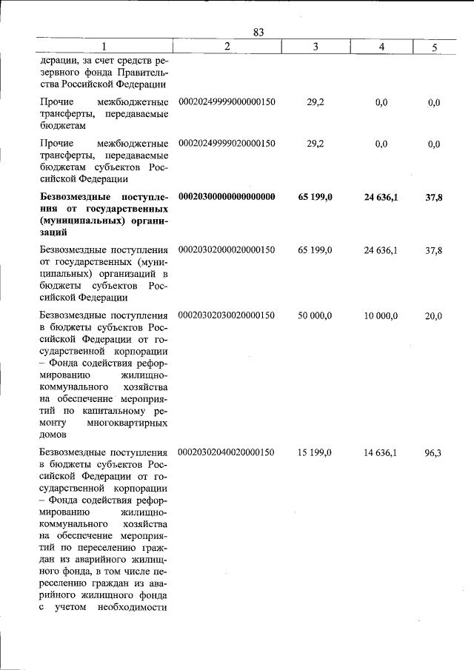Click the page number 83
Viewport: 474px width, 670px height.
click(258, 32)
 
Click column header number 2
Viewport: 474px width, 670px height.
click(227, 47)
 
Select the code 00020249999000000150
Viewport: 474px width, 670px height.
click(227, 101)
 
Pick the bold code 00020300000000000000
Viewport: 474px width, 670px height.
click(227, 197)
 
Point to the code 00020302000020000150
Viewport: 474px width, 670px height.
click(227, 251)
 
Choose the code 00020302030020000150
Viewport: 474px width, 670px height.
click(227, 315)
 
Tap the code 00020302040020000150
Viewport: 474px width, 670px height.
click(227, 452)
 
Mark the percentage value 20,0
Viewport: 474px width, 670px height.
click(434, 316)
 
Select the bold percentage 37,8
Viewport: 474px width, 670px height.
click(434, 198)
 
